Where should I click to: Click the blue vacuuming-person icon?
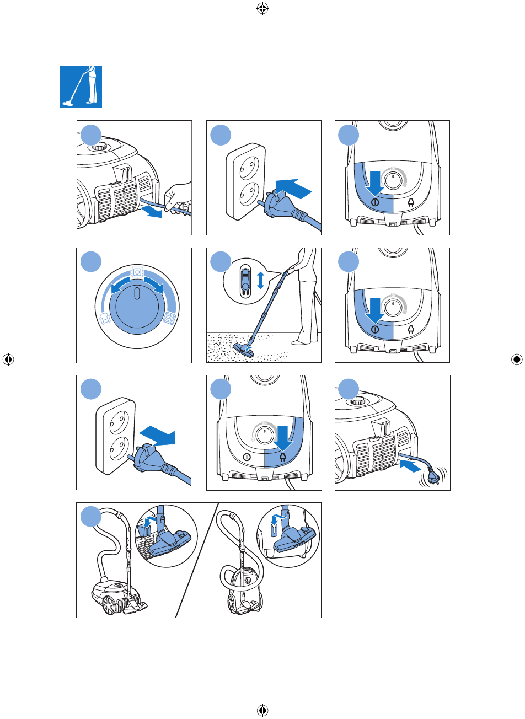click(x=81, y=87)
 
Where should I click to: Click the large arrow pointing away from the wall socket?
click(x=159, y=434)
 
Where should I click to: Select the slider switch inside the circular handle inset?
click(x=245, y=280)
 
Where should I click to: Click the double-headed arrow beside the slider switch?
click(x=261, y=280)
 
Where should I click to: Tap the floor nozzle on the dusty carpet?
click(x=244, y=348)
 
